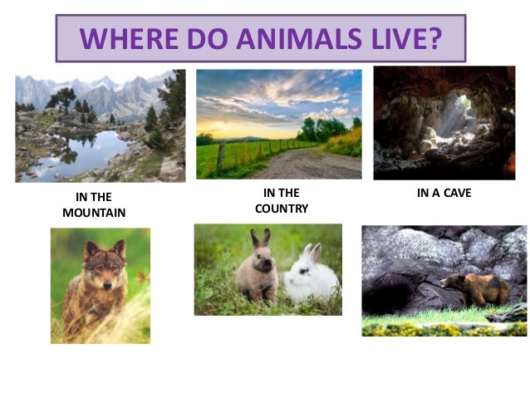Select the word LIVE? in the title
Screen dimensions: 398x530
406,38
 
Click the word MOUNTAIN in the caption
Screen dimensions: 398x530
94,213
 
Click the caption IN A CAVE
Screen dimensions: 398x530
444,194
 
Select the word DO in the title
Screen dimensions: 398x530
212,38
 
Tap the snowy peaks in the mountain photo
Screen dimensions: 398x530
100,86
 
